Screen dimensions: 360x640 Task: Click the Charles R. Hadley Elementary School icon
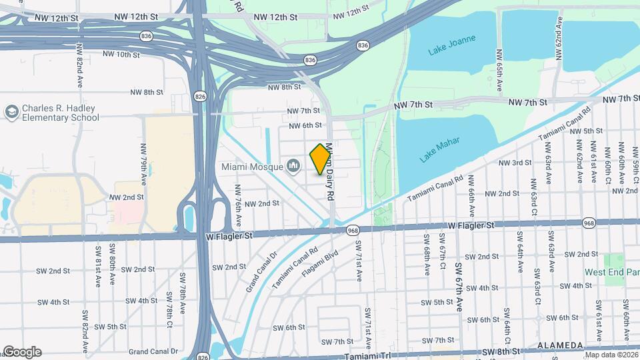pyautogui.click(x=11, y=113)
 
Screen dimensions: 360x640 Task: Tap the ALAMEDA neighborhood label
pyautogui.click(x=561, y=345)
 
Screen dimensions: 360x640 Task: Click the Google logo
pyautogui.click(x=21, y=352)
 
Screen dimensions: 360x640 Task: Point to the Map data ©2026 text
pyautogui.click(x=610, y=355)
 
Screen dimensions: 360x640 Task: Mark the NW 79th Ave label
pyautogui.click(x=143, y=163)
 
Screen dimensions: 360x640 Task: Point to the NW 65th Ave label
pyautogui.click(x=499, y=70)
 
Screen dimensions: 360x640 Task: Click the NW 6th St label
pyautogui.click(x=305, y=125)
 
